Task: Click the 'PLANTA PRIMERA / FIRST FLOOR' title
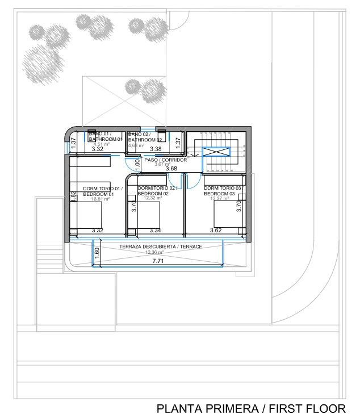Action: click(250, 408)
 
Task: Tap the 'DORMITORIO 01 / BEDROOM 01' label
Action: click(102, 191)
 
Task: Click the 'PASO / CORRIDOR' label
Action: click(165, 160)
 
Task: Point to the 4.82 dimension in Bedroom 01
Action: click(73, 197)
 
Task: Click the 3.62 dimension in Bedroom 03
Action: click(215, 231)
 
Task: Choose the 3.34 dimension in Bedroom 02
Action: click(155, 231)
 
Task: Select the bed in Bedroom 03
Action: click(225, 216)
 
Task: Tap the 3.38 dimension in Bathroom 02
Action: click(154, 149)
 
